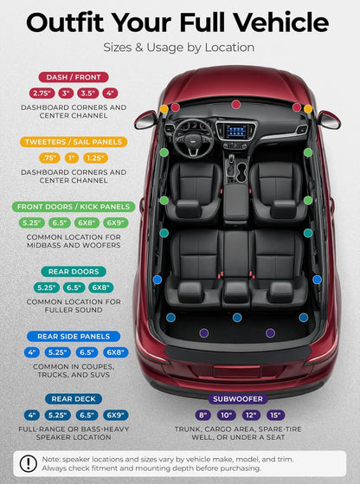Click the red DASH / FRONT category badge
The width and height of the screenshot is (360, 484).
(74, 77)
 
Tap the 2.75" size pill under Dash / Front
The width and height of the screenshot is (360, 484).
(42, 94)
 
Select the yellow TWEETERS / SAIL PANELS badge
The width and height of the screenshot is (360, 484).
(74, 142)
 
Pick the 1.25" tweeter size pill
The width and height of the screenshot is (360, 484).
(95, 158)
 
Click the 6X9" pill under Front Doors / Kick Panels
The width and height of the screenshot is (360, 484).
(116, 223)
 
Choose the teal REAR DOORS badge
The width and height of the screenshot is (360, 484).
(74, 272)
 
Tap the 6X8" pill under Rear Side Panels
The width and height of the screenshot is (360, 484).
(116, 352)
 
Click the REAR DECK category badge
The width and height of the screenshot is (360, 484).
(74, 399)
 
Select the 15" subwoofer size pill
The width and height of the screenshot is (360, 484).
(275, 415)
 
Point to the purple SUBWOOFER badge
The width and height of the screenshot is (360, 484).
(237, 399)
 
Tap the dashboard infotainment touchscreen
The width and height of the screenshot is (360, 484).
(236, 132)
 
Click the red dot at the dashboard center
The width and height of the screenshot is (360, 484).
(236, 104)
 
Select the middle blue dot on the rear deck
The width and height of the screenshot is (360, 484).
(237, 317)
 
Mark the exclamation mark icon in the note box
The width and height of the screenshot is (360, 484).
(29, 463)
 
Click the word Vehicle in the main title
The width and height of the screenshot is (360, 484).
(280, 23)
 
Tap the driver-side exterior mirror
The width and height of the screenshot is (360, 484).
(145, 120)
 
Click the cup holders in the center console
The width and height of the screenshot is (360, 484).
(241, 172)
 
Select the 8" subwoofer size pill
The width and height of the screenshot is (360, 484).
(202, 415)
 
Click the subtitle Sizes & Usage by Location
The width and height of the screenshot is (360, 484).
(179, 48)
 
